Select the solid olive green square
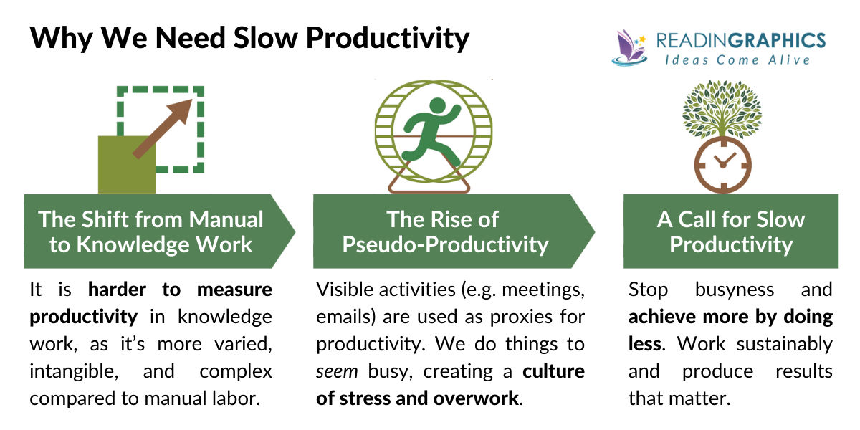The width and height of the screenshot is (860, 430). (126, 164)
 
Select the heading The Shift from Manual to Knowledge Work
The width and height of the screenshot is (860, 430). (150, 231)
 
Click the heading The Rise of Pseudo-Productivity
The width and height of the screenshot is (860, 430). (444, 231)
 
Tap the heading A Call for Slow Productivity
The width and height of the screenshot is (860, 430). (730, 231)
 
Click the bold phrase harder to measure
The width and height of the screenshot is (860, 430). (180, 290)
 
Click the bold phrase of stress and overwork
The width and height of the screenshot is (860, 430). (418, 398)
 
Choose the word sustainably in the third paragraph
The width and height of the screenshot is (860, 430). (788, 344)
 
